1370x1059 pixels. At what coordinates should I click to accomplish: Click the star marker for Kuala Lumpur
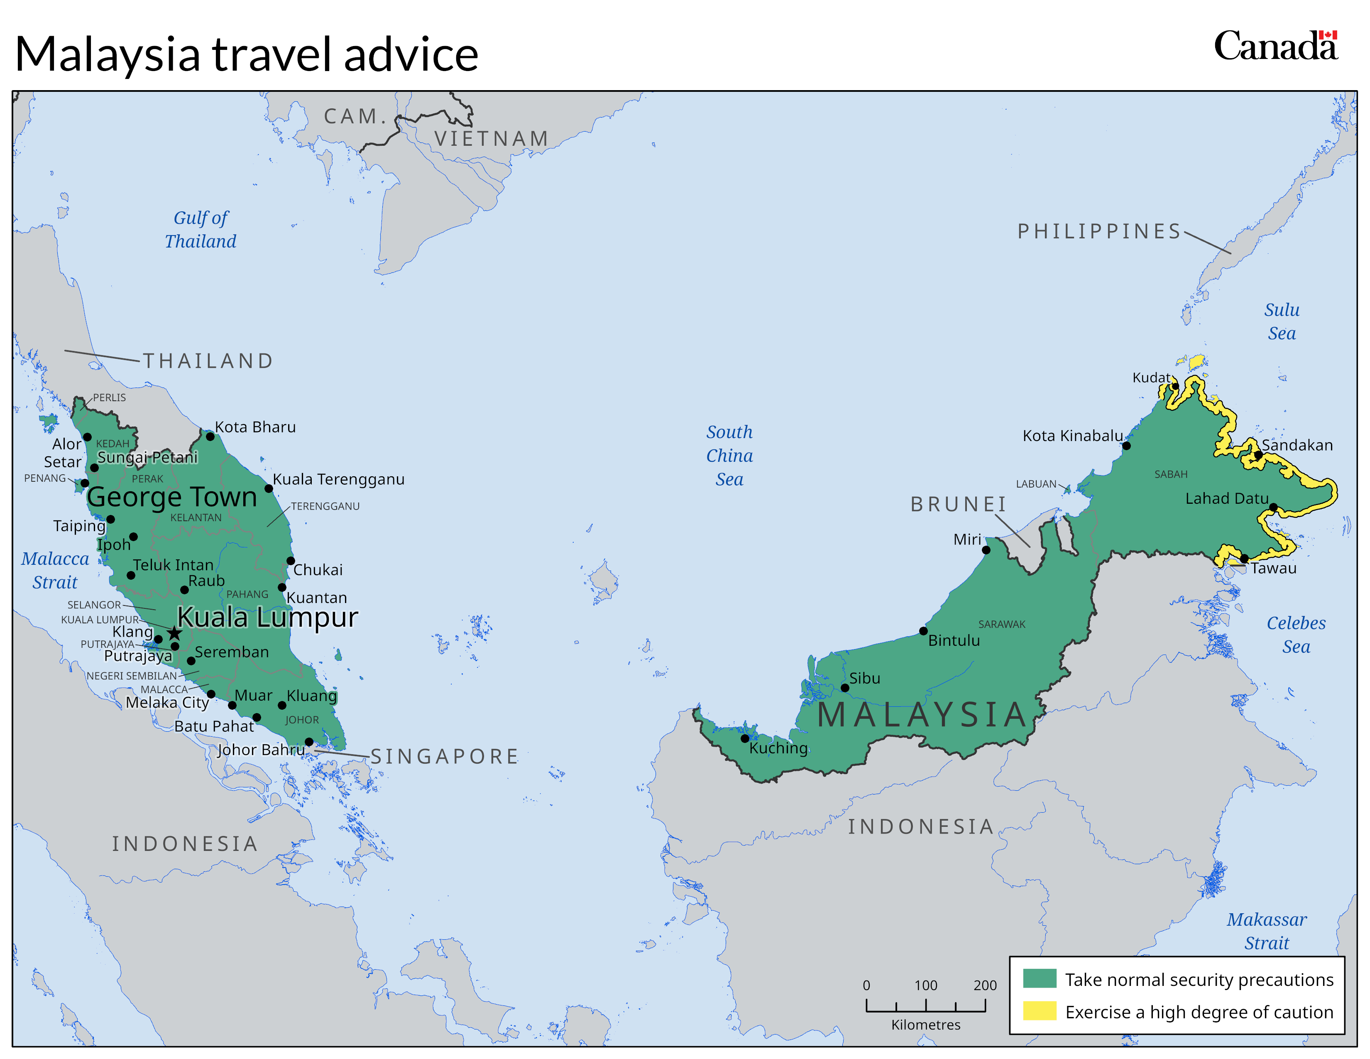(x=174, y=632)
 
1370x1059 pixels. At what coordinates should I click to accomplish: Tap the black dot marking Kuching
(x=745, y=738)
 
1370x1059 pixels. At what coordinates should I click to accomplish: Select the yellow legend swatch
(x=1040, y=1011)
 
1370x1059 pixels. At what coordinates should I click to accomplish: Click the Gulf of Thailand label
(x=201, y=230)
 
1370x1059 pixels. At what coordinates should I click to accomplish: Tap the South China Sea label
(x=729, y=456)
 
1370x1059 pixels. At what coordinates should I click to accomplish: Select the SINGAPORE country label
(x=444, y=757)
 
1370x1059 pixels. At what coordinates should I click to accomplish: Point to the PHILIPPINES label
(x=1099, y=231)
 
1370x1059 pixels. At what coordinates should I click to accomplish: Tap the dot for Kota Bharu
(x=210, y=436)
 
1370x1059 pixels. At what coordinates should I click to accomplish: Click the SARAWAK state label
(x=1002, y=624)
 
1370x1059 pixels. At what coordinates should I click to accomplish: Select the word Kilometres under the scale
(x=925, y=1025)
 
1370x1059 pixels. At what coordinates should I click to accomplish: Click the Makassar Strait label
(x=1267, y=931)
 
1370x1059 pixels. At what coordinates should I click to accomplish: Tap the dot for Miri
(x=986, y=550)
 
